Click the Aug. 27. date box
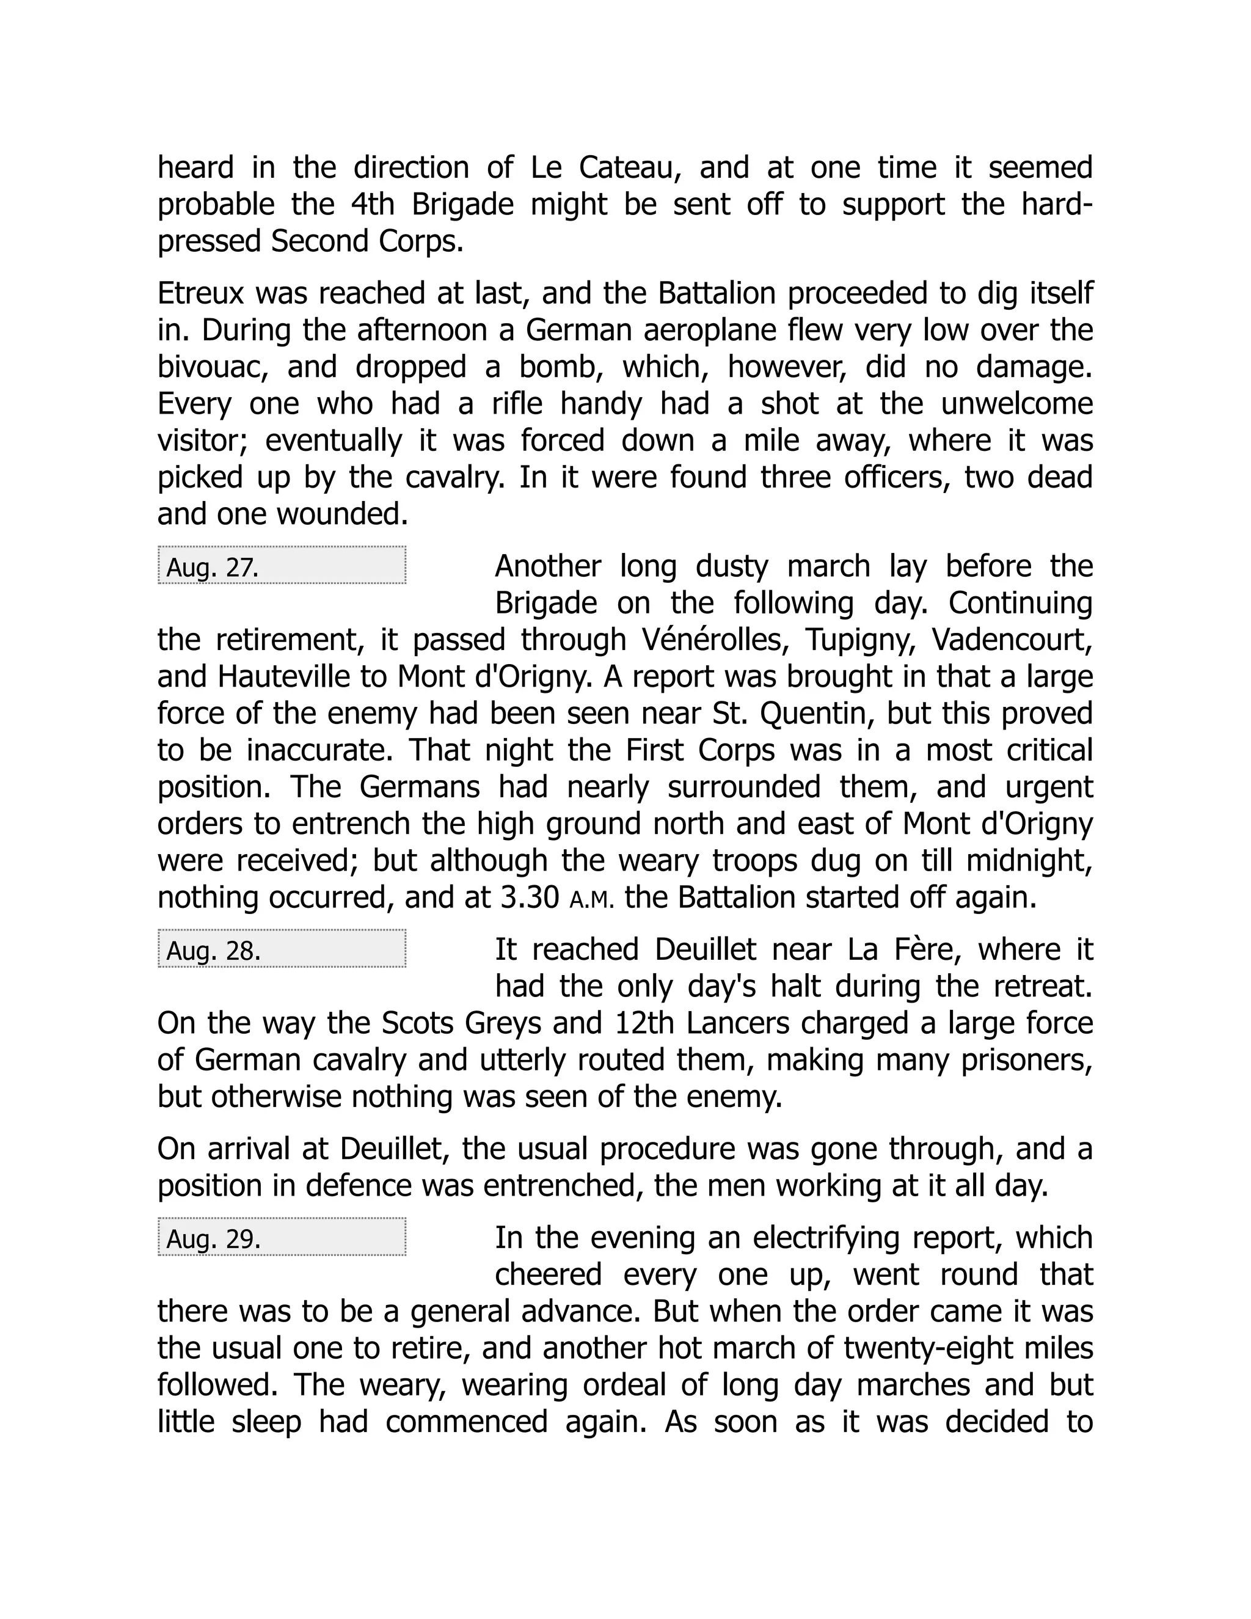point(282,566)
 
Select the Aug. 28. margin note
point(282,948)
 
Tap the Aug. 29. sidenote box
point(282,1237)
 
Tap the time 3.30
point(530,897)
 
